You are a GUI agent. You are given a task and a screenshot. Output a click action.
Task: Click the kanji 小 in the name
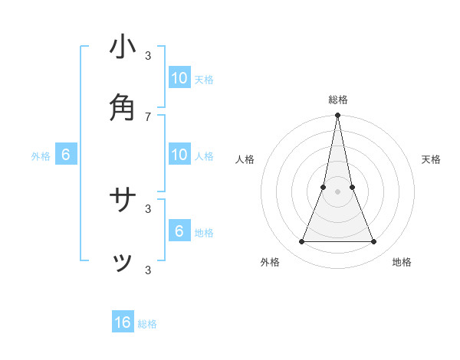[x=123, y=47]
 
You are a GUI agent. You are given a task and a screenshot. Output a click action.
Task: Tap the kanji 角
[x=123, y=108]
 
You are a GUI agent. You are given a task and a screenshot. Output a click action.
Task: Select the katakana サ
[x=123, y=201]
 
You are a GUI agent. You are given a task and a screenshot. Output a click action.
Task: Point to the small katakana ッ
[x=123, y=263]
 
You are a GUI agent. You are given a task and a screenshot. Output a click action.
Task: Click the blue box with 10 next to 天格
[x=179, y=78]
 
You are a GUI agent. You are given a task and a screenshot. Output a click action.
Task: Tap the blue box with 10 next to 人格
[x=179, y=155]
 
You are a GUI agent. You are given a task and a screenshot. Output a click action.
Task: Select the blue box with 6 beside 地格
[x=179, y=231]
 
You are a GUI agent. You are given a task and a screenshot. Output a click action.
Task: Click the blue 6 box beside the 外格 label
[x=66, y=155]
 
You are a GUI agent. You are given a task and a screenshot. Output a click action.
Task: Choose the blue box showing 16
[x=123, y=322]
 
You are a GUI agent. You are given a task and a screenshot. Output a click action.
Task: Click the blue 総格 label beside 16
[x=147, y=324]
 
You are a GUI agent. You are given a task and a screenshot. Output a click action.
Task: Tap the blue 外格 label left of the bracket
[x=41, y=156]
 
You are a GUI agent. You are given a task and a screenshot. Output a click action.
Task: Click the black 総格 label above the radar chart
[x=338, y=100]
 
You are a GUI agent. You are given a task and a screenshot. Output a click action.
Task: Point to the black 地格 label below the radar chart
[x=402, y=262]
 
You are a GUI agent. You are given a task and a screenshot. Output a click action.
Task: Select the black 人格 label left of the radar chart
[x=245, y=159]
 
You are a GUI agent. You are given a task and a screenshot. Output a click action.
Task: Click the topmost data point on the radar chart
[x=337, y=116]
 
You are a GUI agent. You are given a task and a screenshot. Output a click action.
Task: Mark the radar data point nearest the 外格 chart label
[x=301, y=242]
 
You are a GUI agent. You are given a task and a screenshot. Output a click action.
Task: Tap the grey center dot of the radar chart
[x=337, y=191]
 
